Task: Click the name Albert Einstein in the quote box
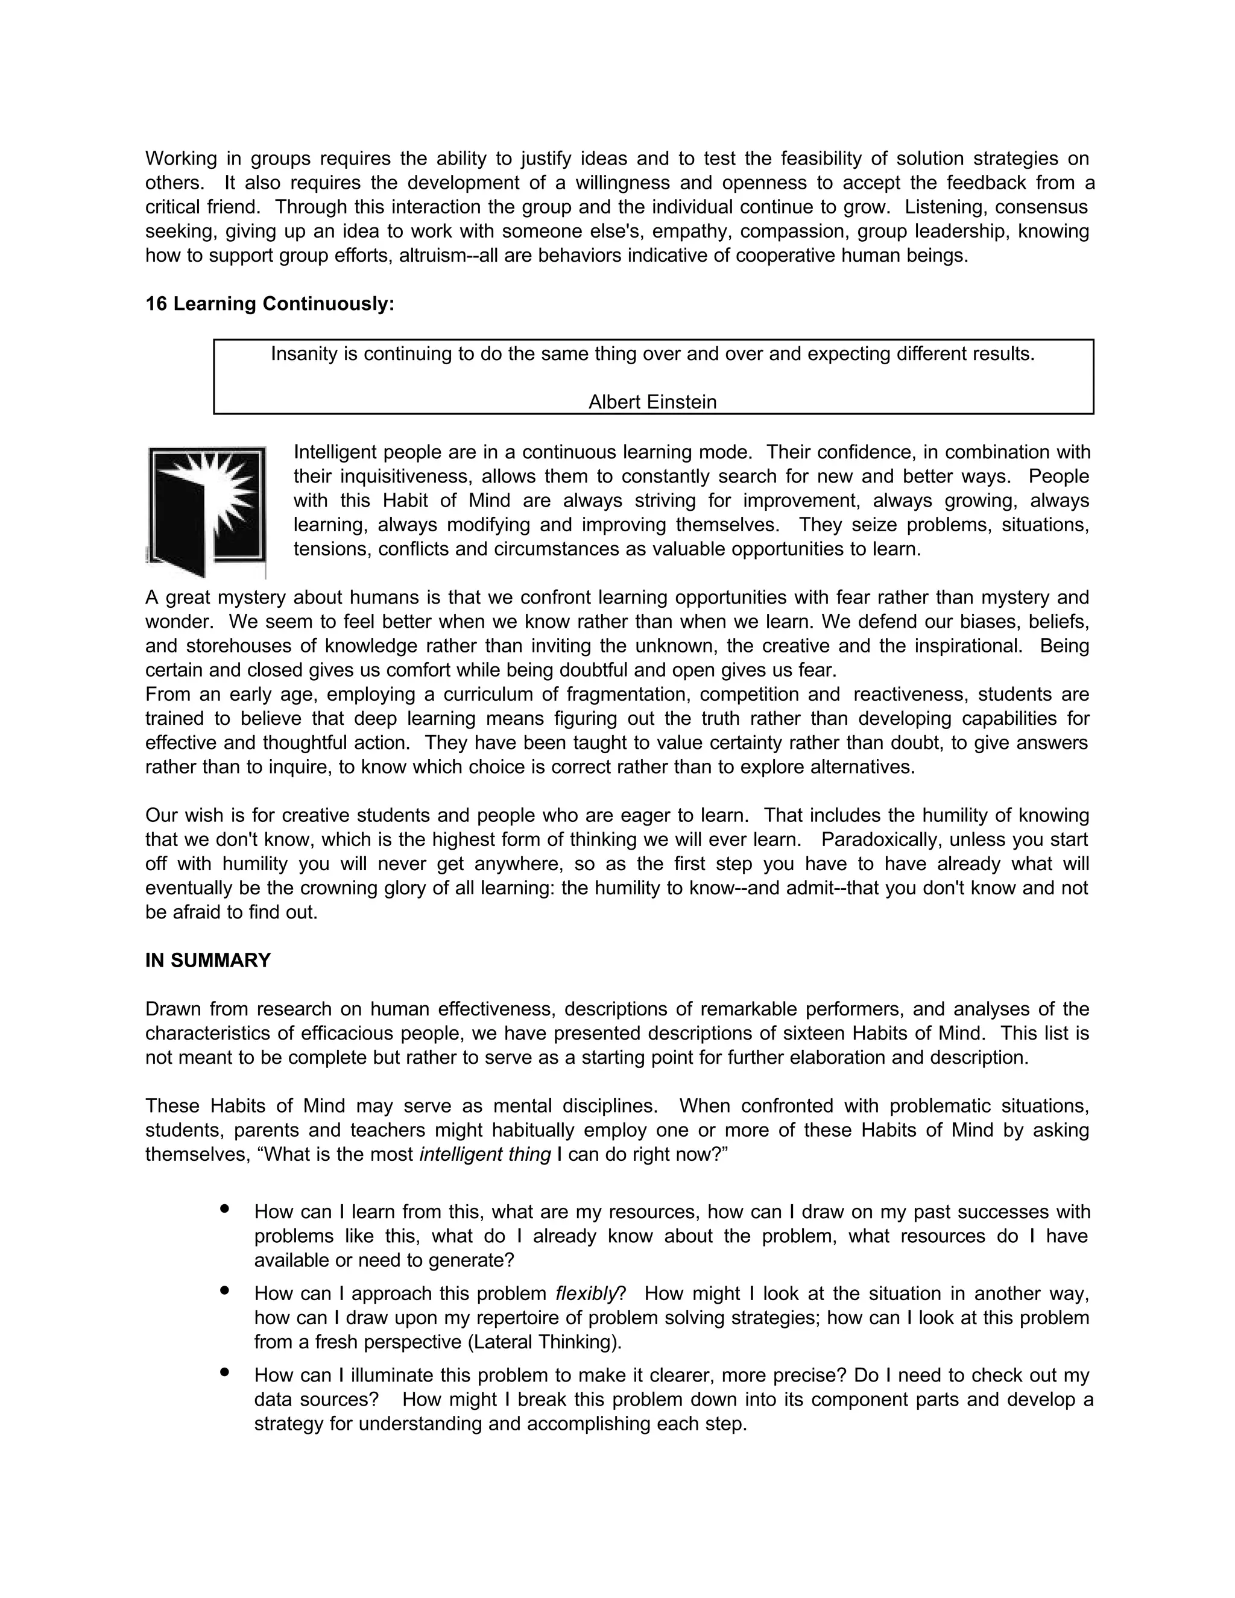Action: pos(652,402)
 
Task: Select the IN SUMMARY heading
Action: pos(208,961)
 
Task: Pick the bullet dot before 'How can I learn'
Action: pos(224,1210)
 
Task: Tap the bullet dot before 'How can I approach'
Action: pos(224,1292)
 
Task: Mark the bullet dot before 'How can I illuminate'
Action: pos(224,1372)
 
